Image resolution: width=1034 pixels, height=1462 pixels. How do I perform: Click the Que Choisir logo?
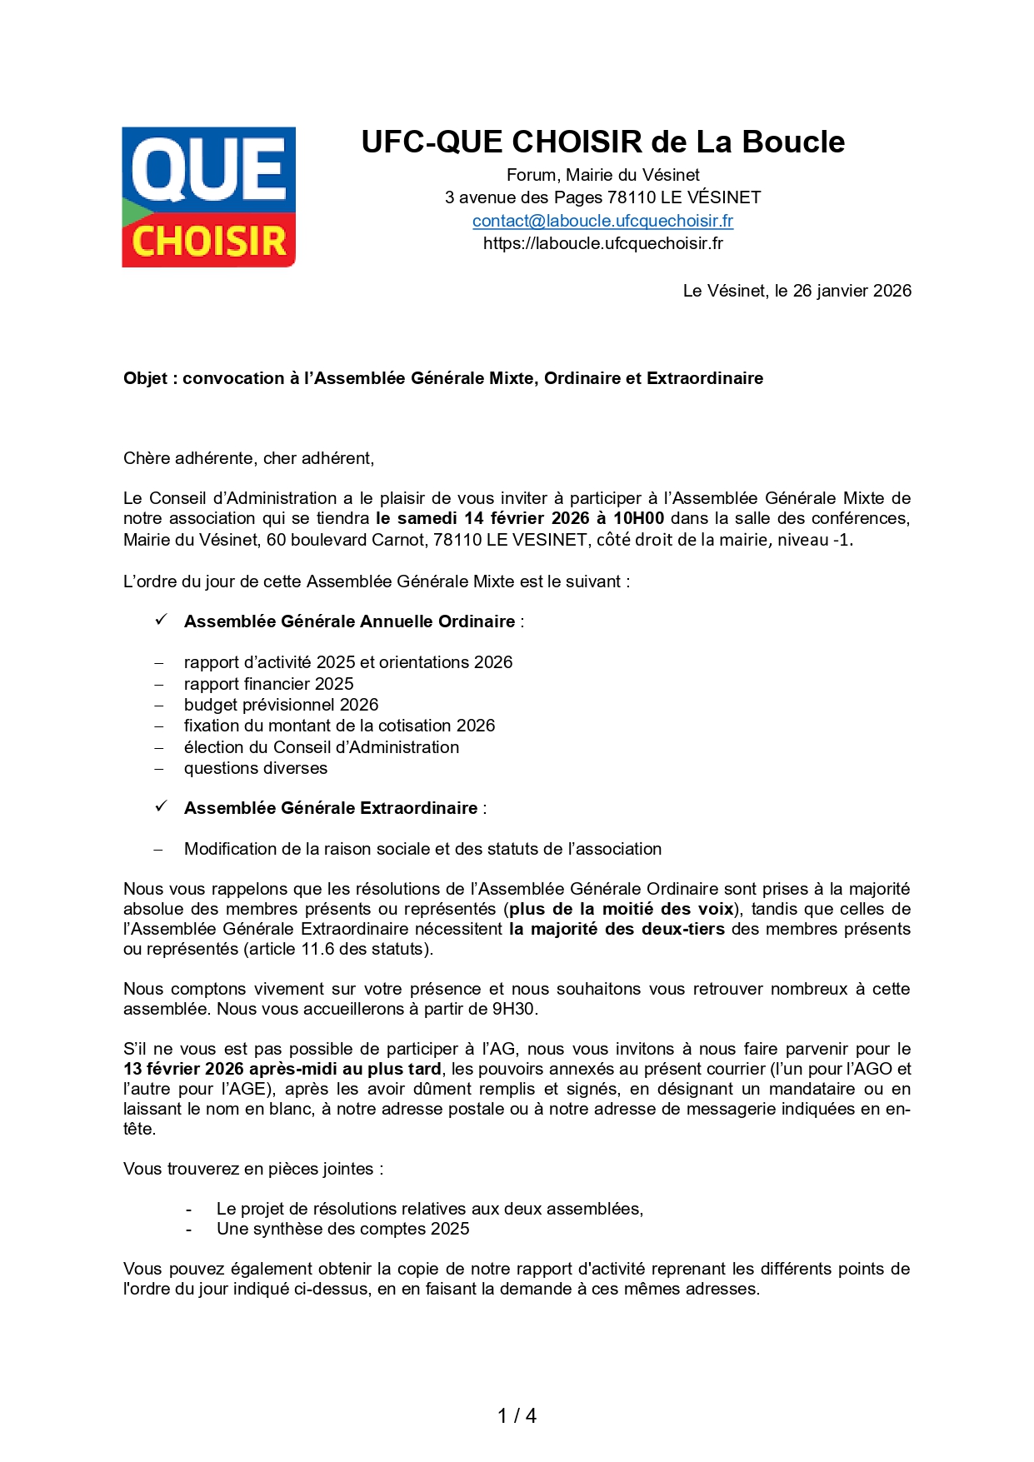pyautogui.click(x=208, y=197)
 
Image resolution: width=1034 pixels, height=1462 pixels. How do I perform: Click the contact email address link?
pyautogui.click(x=602, y=221)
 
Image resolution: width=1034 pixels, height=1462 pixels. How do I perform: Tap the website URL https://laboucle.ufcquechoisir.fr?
pyautogui.click(x=602, y=243)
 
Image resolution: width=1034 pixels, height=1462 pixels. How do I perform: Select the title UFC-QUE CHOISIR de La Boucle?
pyautogui.click(x=602, y=142)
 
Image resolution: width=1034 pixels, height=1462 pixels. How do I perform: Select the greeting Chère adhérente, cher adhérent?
pyautogui.click(x=248, y=458)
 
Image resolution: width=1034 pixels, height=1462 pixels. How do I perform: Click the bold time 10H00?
pyautogui.click(x=638, y=518)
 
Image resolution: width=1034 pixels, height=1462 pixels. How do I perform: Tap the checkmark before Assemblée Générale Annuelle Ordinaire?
pyautogui.click(x=162, y=620)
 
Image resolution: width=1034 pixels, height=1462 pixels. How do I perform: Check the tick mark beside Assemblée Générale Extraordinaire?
pyautogui.click(x=162, y=806)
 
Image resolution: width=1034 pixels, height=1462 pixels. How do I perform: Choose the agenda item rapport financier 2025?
pyautogui.click(x=268, y=684)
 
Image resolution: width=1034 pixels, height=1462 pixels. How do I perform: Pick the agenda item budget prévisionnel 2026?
pyautogui.click(x=281, y=705)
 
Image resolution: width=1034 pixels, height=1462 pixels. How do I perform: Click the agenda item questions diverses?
pyautogui.click(x=255, y=768)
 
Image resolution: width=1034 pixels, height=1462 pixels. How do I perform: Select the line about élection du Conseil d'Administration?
pyautogui.click(x=321, y=747)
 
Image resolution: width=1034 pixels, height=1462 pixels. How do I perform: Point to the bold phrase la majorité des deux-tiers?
pyautogui.click(x=617, y=929)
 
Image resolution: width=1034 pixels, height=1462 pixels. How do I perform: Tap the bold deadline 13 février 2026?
pyautogui.click(x=183, y=1069)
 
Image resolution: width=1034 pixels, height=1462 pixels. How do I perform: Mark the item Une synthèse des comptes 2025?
pyautogui.click(x=342, y=1229)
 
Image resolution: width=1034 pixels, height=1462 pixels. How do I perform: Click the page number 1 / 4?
pyautogui.click(x=517, y=1415)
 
